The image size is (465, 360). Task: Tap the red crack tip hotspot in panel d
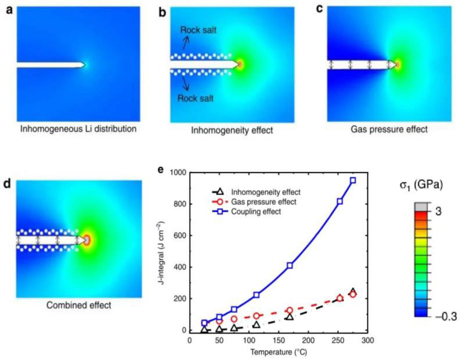coord(88,240)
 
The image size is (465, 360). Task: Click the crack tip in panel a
coord(85,64)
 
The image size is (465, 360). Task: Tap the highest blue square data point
coord(353,181)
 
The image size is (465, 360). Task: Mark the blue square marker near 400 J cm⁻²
coord(289,265)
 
